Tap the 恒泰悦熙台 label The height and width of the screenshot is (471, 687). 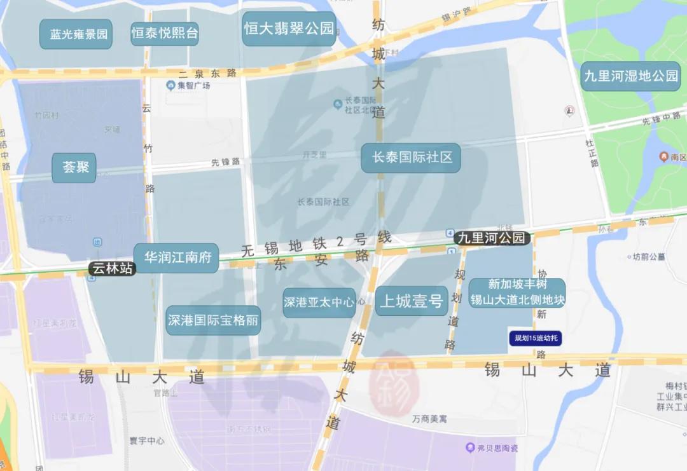tap(165, 33)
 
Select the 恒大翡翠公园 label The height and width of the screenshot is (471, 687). tap(289, 29)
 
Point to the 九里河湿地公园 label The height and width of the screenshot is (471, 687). tap(631, 76)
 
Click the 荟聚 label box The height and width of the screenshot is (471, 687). tap(74, 168)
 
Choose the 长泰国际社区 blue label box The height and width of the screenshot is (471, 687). tap(411, 157)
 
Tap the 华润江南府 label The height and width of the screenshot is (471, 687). tap(176, 258)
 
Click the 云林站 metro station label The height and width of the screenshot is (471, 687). tap(113, 268)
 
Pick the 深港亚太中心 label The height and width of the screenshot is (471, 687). tap(319, 303)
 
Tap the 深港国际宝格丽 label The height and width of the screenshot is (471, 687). tap(213, 320)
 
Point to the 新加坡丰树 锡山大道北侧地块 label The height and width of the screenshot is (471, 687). tap(517, 292)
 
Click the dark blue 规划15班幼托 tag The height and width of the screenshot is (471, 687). tap(535, 338)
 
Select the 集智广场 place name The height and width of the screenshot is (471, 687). tap(188, 85)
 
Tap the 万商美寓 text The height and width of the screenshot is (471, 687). tap(429, 420)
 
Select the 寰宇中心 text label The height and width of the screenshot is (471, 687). tap(147, 440)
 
